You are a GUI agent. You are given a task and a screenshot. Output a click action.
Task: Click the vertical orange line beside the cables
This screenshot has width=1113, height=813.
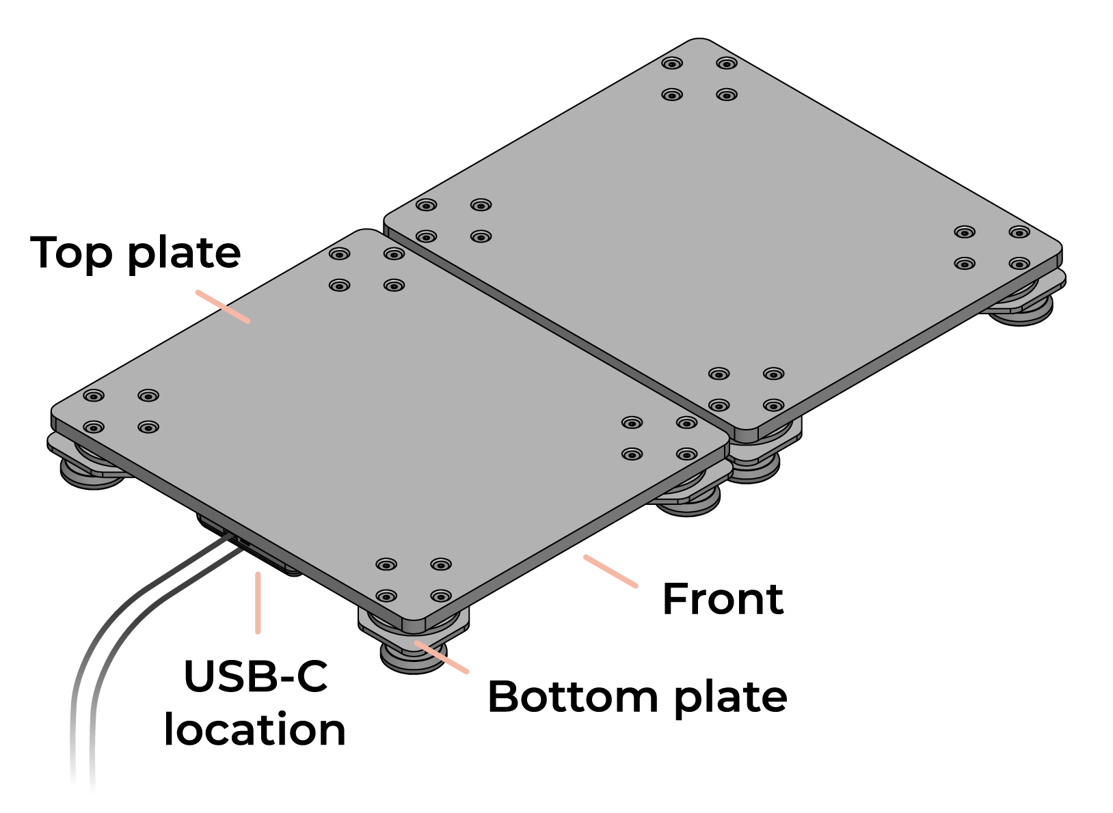coord(258,603)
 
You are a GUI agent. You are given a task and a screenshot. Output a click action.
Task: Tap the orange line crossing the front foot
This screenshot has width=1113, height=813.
coord(442,657)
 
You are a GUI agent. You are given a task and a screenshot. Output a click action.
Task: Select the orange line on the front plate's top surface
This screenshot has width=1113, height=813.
coord(223,306)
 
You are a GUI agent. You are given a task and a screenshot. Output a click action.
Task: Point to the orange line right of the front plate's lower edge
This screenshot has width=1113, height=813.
coord(610,571)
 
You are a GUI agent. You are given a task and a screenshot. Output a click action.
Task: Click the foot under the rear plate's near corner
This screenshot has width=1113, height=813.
coord(753,469)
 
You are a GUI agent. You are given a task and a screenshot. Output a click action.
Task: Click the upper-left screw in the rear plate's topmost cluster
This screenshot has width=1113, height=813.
coord(672,64)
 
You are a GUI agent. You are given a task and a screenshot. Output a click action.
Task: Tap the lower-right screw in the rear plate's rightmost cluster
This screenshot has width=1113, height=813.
coord(1019,263)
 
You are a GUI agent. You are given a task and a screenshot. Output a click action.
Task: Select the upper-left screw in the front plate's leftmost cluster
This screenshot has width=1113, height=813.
coord(94,396)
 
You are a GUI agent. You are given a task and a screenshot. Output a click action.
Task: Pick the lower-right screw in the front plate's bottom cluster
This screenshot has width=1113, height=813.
coord(441,596)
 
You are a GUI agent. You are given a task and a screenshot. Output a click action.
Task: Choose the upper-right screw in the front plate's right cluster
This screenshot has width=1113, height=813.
coord(687,423)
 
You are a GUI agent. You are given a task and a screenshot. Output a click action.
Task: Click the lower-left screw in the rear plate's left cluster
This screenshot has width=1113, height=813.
coord(426,236)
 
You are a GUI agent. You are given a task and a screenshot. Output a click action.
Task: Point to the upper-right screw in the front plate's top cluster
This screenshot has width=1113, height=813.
coord(394,254)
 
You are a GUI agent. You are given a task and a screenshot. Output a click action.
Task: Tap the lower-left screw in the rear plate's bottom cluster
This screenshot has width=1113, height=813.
coord(719,405)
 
